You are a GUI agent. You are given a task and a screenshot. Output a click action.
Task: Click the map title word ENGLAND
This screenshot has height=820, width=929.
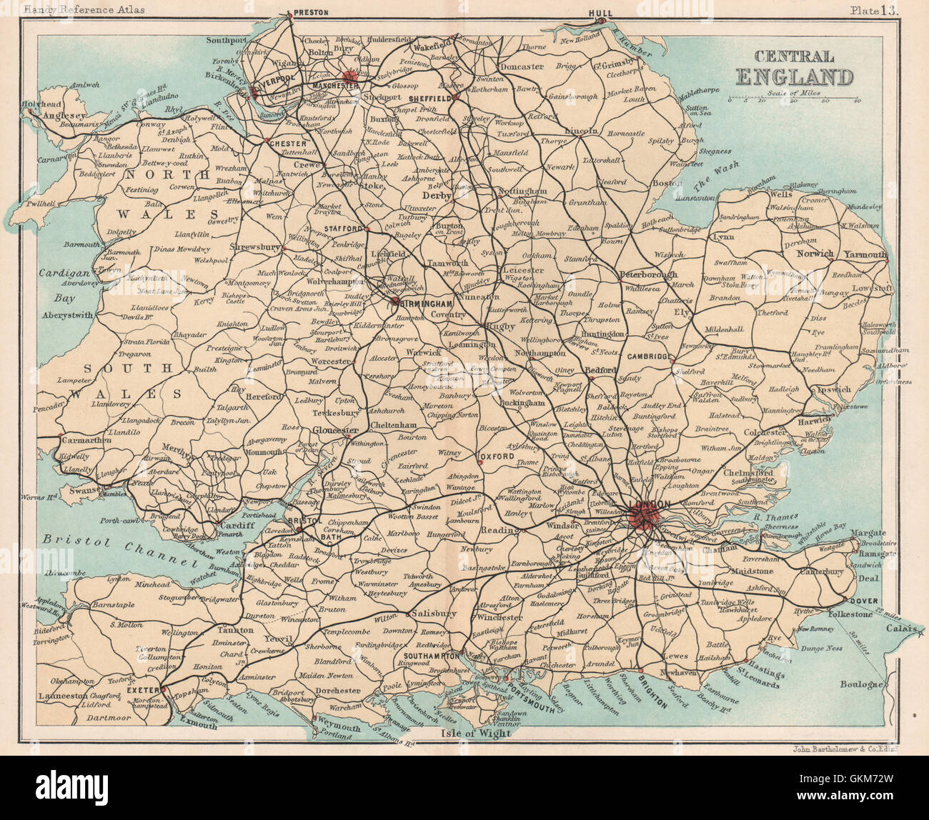[794, 76]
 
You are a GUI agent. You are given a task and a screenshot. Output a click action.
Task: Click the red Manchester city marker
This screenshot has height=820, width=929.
[349, 76]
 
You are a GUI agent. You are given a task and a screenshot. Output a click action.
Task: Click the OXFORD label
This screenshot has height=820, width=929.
[497, 456]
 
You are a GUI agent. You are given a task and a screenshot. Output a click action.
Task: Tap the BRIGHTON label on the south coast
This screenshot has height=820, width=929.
[652, 691]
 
